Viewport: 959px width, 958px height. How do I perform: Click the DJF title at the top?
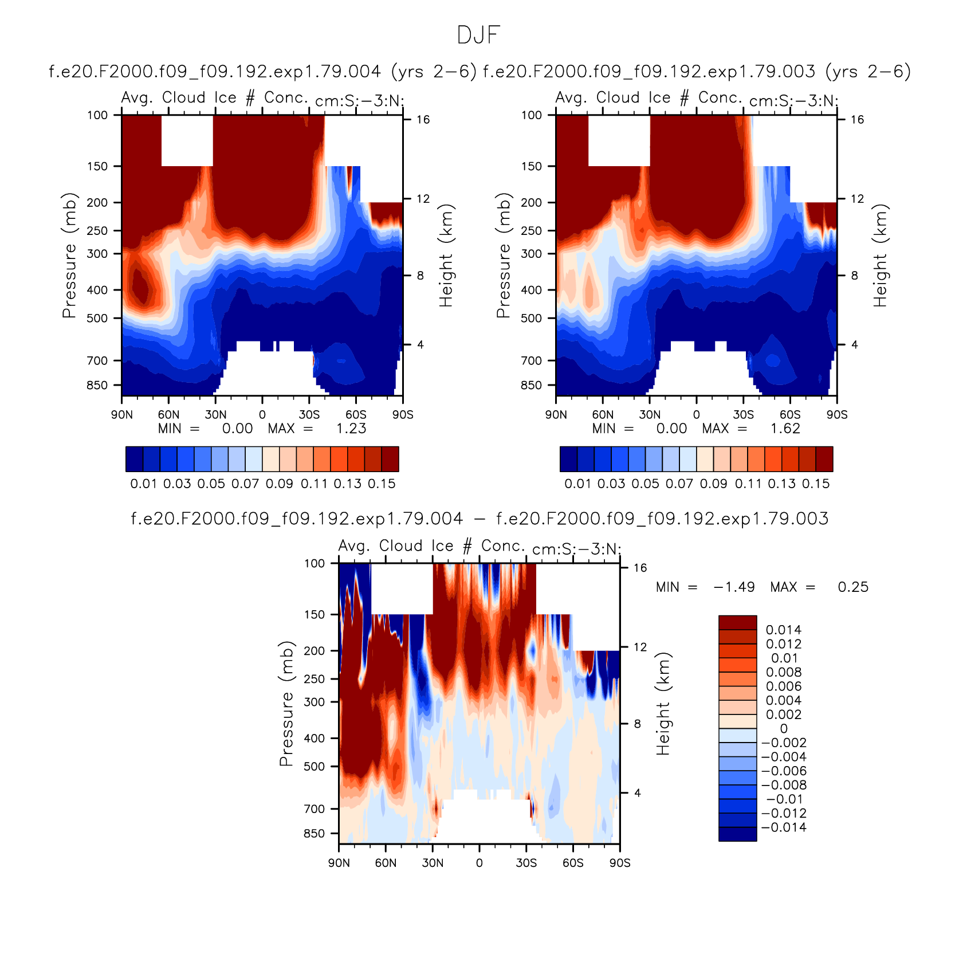(479, 36)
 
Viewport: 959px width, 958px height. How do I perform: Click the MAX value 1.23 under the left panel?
(351, 429)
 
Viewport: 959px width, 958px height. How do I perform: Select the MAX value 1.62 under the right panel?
(785, 429)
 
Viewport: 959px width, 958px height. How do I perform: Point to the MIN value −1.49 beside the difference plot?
(734, 587)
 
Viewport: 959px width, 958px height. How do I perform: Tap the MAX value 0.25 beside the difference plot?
(853, 587)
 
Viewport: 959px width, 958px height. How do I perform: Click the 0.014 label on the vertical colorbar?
(784, 630)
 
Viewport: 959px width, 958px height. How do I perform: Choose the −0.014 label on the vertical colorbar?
(784, 827)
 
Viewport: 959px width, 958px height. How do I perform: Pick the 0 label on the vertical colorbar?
(784, 729)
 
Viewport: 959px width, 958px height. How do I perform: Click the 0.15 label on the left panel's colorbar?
(382, 484)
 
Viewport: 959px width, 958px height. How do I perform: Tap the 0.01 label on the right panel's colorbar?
(577, 484)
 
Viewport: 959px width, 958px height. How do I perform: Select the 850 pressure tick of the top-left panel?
(97, 385)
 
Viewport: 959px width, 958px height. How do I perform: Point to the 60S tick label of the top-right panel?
(790, 414)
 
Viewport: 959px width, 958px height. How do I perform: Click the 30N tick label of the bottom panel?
(433, 863)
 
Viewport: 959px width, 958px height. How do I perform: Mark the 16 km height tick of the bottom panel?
(640, 568)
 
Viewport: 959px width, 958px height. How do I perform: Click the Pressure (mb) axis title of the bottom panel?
(286, 703)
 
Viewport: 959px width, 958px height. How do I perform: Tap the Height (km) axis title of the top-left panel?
(446, 256)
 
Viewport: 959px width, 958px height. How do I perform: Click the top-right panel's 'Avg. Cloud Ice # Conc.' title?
(649, 98)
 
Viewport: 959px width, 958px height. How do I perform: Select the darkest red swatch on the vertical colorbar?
(738, 623)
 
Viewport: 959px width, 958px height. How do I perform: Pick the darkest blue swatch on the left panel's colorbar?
(134, 460)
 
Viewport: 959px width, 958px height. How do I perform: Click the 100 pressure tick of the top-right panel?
(531, 115)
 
